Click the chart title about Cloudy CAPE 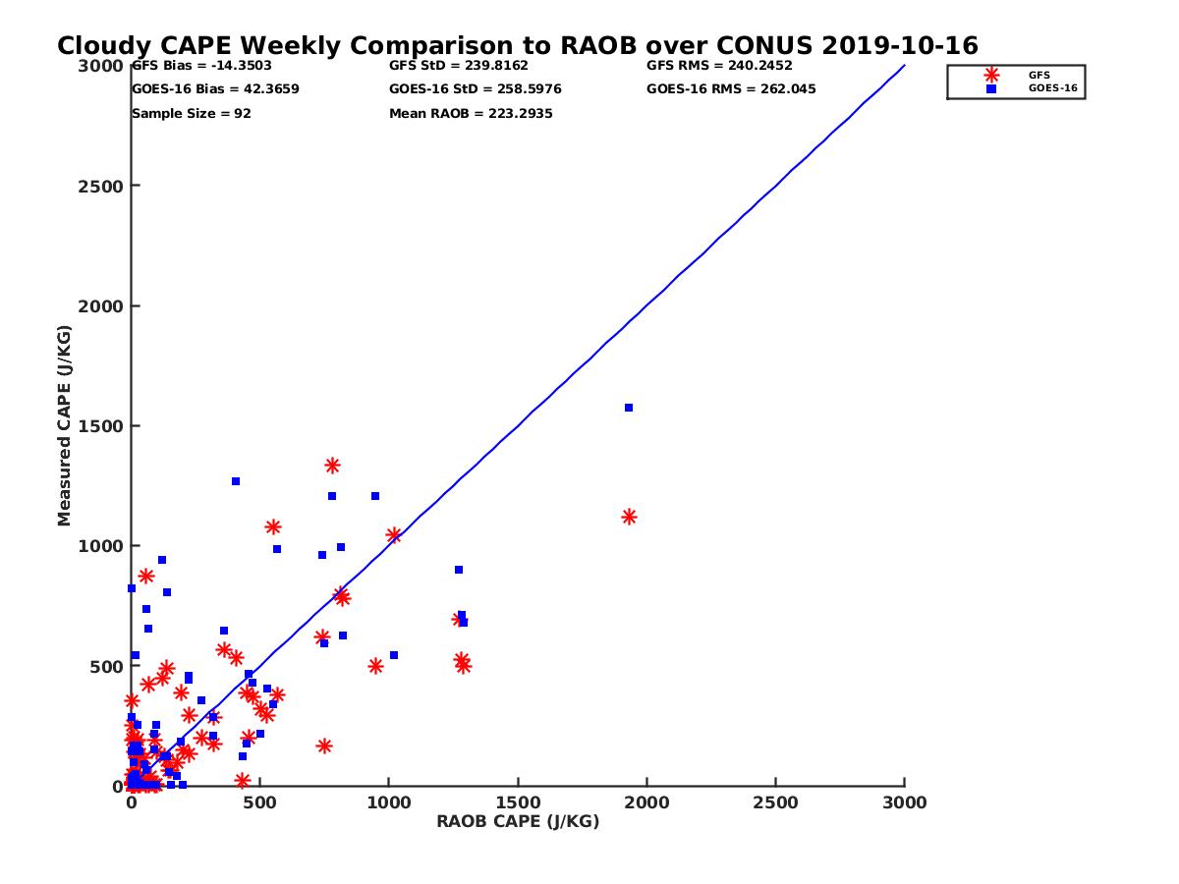(x=518, y=46)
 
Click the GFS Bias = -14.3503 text (x=201, y=66)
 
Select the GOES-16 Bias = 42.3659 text (x=215, y=89)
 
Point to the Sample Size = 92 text (x=192, y=114)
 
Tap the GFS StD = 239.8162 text (x=459, y=66)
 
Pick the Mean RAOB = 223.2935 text (x=471, y=114)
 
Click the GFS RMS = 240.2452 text (x=719, y=66)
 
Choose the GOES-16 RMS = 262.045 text (x=731, y=89)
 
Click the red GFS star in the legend (x=991, y=75)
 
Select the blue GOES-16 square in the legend (x=991, y=88)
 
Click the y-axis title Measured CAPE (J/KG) (x=65, y=425)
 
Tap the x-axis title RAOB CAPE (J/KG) (x=518, y=821)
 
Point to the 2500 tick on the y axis (x=102, y=186)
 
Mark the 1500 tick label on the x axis (x=518, y=802)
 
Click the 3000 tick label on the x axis (x=904, y=802)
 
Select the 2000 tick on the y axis (x=102, y=306)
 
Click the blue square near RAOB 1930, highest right (x=629, y=408)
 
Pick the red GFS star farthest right (x=629, y=517)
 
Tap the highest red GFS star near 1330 (x=332, y=466)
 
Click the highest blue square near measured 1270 (x=236, y=481)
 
